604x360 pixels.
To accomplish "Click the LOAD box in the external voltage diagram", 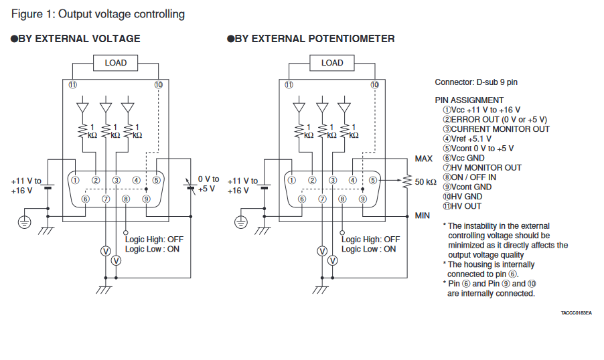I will point(115,63).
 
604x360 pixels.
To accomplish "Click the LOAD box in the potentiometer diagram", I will point(332,63).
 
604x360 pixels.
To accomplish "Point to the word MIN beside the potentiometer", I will point(423,215).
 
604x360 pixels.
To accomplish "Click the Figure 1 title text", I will point(98,14).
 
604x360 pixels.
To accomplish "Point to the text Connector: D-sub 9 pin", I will point(475,82).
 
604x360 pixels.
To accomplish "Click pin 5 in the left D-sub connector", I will point(156,179).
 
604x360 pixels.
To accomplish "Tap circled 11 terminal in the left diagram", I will point(72,85).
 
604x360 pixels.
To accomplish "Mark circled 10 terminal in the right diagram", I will point(374,85).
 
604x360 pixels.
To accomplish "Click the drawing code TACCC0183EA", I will point(576,312).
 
